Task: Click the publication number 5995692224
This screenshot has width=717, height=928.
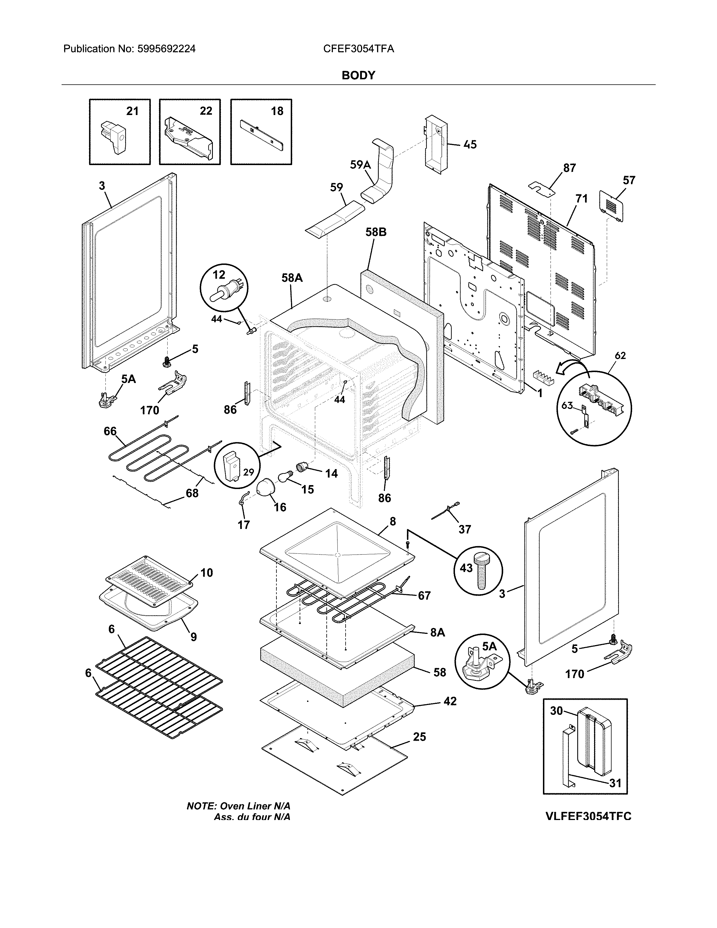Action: coord(166,49)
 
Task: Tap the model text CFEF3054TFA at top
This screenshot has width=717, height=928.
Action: coord(358,49)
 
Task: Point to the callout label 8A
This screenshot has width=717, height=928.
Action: coord(438,645)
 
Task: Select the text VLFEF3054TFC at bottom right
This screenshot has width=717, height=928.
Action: coord(588,816)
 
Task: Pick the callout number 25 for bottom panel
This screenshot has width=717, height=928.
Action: coord(419,736)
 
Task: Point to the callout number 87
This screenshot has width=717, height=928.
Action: coord(569,168)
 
